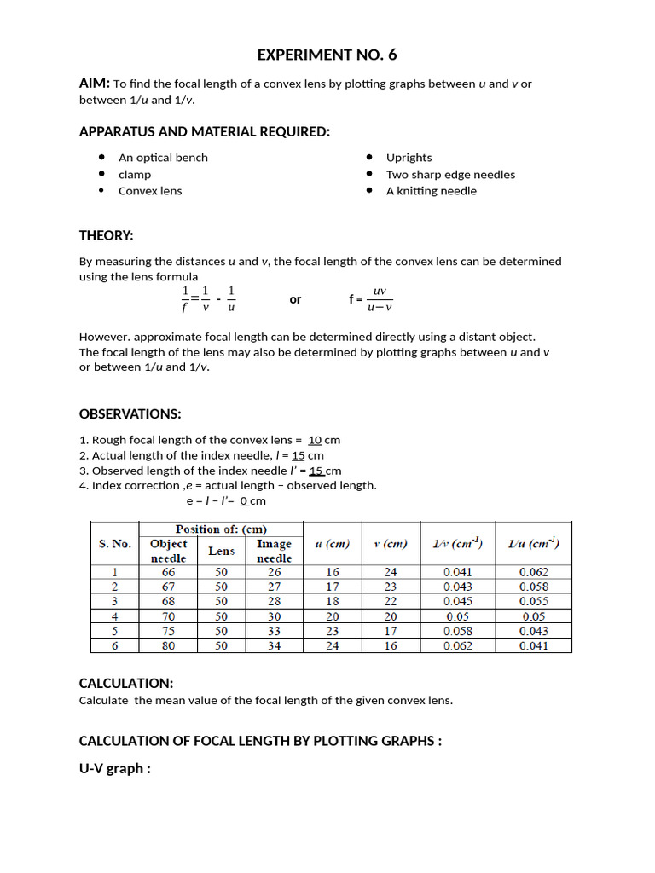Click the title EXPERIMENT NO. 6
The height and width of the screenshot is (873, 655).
coord(327,55)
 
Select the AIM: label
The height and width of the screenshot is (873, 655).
coord(95,83)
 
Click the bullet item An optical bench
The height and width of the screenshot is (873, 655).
coord(163,158)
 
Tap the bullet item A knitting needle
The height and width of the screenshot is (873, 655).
coord(431,191)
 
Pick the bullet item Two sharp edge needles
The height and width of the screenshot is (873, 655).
coord(450,175)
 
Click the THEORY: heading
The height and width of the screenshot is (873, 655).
coord(107,235)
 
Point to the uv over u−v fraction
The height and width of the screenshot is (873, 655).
coord(380,299)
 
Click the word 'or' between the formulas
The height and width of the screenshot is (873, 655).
coord(295,299)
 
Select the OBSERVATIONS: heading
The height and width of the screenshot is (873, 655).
coord(130,414)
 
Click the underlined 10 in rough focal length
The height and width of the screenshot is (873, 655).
coord(315,440)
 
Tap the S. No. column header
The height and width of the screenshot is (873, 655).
coord(115,543)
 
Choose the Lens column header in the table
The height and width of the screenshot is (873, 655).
coord(222,551)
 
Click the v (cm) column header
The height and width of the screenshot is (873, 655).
coord(391,544)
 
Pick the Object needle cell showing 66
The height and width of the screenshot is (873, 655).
coord(169,573)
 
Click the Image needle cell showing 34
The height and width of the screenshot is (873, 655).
coord(274,646)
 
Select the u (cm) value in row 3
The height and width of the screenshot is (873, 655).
coord(333,602)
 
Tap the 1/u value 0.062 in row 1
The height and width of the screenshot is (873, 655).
coord(533,573)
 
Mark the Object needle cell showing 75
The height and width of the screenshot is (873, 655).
coord(169,632)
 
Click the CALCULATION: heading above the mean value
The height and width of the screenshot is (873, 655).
coord(126,684)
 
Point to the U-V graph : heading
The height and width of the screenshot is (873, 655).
coord(115,769)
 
